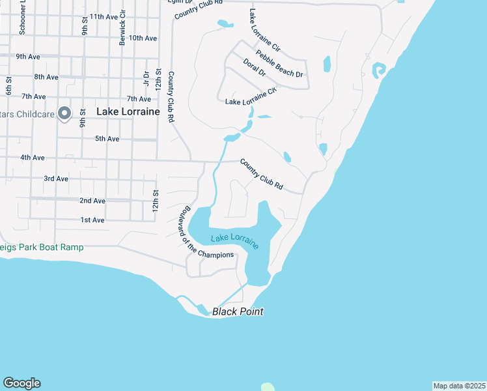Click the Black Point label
238,311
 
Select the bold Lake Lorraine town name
128,111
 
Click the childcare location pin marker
64,114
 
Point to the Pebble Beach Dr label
279,64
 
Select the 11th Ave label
104,16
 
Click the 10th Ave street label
143,38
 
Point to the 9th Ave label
29,57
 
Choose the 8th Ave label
46,77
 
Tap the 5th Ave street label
107,139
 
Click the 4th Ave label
32,158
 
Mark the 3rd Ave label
56,179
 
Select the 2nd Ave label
92,201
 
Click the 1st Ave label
92,220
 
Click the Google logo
21,383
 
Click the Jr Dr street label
146,78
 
